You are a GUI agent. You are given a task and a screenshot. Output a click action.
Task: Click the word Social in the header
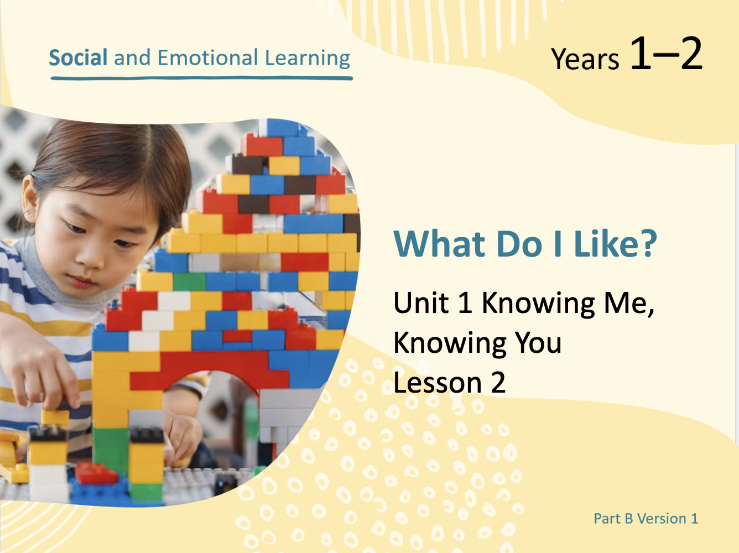(x=78, y=58)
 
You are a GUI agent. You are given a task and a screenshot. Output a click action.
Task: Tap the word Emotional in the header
(x=208, y=58)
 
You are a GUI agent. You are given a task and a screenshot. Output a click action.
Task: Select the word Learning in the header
(x=308, y=59)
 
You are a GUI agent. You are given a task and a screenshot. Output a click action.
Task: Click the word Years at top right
(x=585, y=59)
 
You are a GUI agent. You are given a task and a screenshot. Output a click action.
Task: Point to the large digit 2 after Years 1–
(x=691, y=53)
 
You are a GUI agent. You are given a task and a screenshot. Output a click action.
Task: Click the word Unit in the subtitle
(x=421, y=302)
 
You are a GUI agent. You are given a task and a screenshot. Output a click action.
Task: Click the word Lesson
(x=438, y=382)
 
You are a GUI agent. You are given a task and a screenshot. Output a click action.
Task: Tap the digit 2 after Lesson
(x=498, y=382)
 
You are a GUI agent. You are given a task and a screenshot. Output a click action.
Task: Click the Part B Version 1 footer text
(x=646, y=519)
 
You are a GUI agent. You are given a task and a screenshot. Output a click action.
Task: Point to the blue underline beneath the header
(x=202, y=79)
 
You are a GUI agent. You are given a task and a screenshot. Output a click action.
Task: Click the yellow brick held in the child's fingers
(x=55, y=417)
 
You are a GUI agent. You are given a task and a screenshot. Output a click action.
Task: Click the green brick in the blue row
(x=190, y=281)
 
